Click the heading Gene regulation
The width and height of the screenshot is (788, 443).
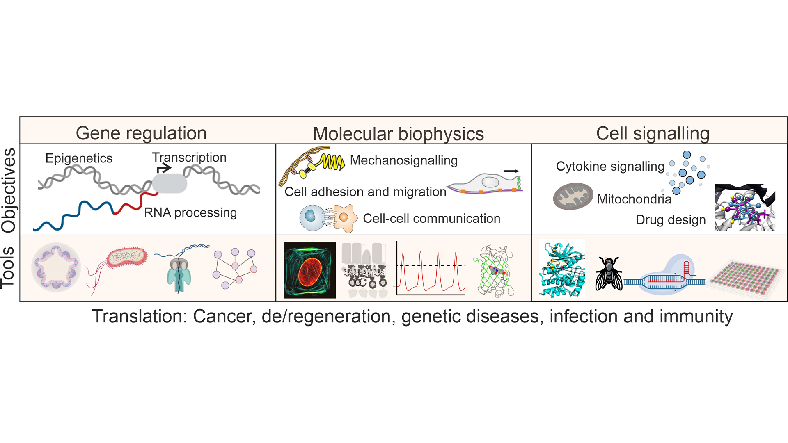141,133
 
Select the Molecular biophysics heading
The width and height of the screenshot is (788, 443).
398,134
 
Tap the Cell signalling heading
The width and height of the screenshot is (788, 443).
653,133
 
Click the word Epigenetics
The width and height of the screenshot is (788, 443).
79,158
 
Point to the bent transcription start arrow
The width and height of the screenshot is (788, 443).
163,168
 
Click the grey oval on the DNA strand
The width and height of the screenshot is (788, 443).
170,183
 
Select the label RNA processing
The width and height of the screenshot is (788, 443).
190,212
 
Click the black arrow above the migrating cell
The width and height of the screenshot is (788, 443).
511,171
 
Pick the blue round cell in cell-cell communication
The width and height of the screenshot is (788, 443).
312,218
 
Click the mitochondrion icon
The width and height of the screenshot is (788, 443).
573,196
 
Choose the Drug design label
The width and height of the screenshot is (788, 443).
671,220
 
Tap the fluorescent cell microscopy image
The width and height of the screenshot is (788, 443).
309,270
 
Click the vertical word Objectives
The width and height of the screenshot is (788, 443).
9,190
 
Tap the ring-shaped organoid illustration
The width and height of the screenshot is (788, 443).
56,267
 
